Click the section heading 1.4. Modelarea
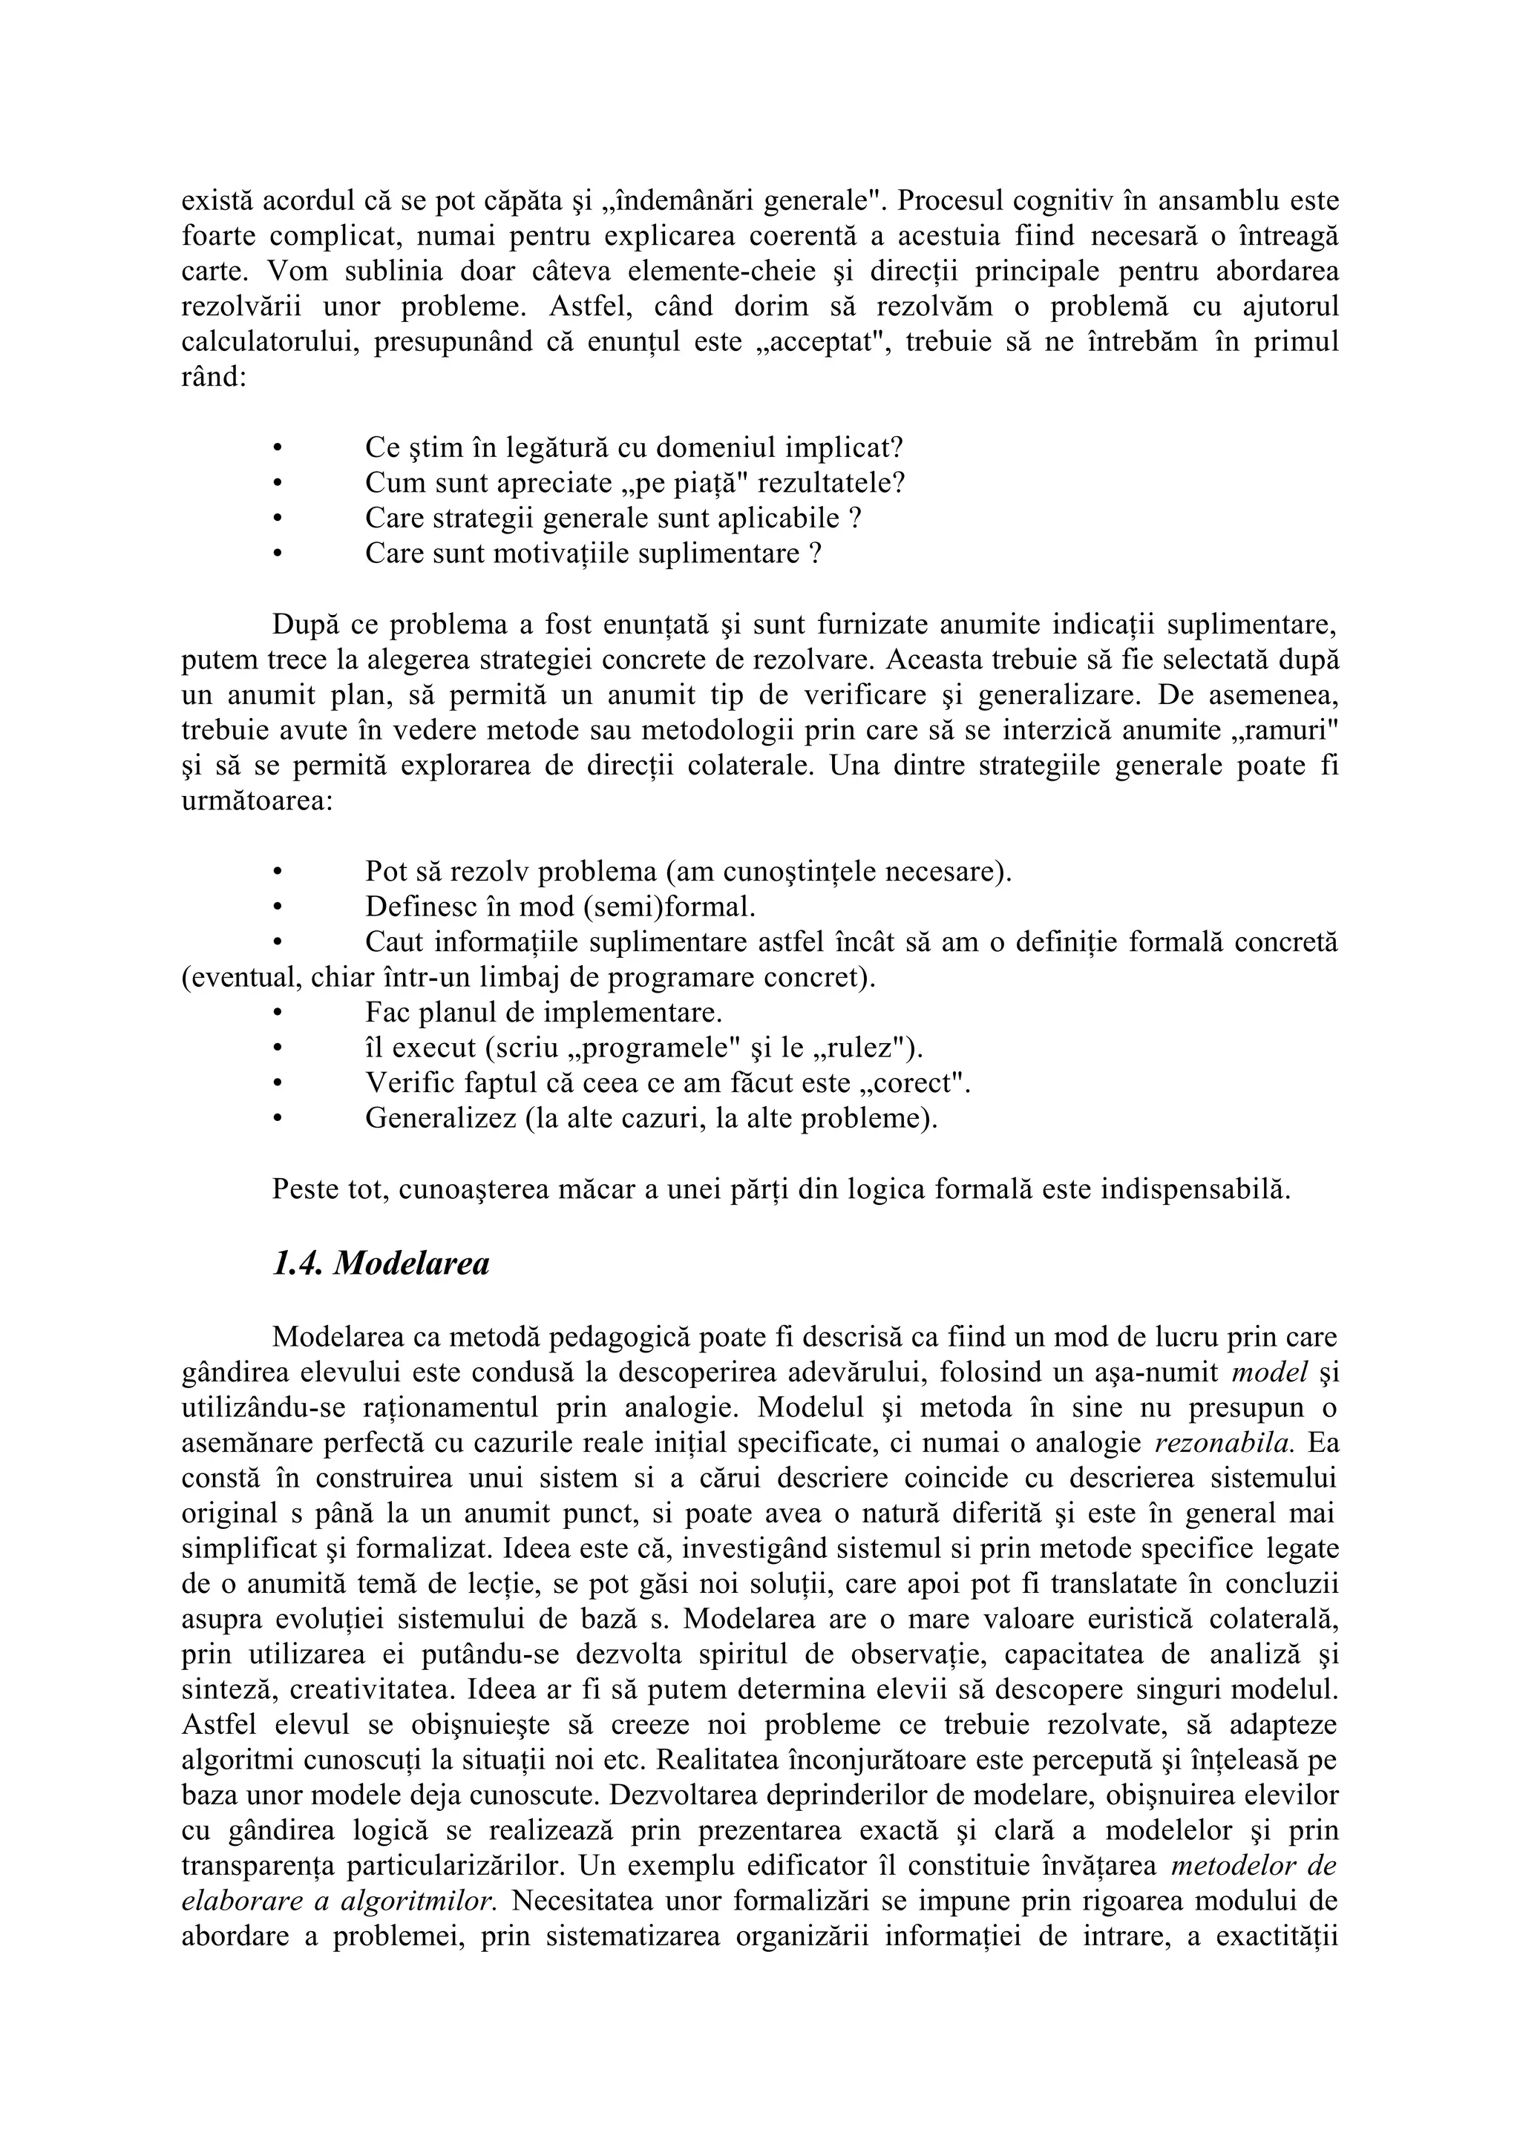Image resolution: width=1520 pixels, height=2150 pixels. pos(380,1264)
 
